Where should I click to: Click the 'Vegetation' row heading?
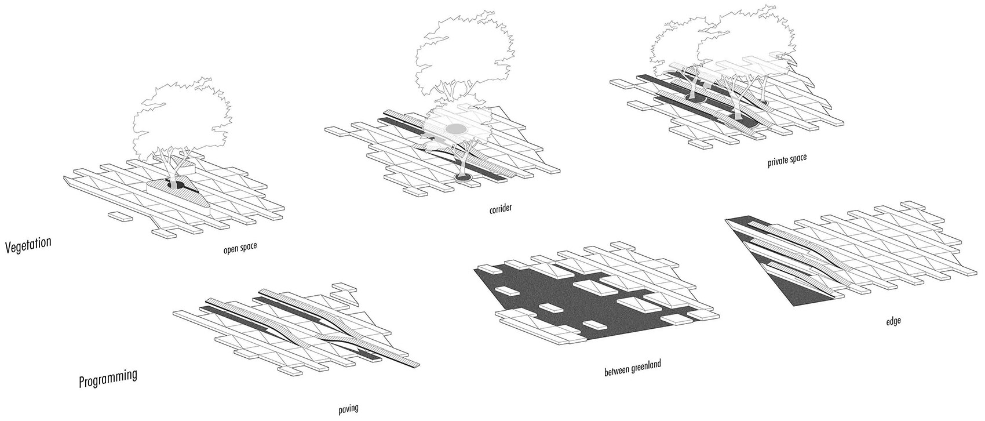coord(28,244)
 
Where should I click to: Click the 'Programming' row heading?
coord(108,378)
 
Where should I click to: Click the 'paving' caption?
coord(348,408)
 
